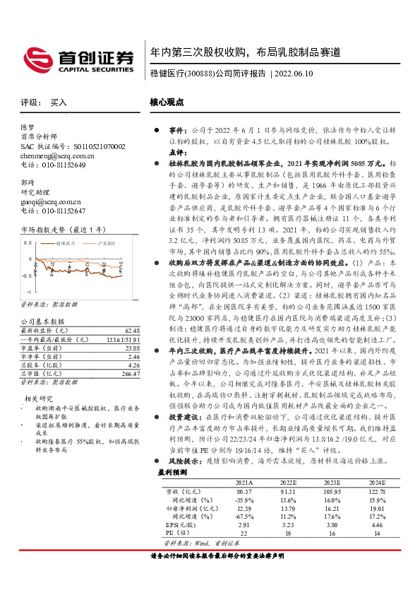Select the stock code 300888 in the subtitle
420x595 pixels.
coord(200,73)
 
